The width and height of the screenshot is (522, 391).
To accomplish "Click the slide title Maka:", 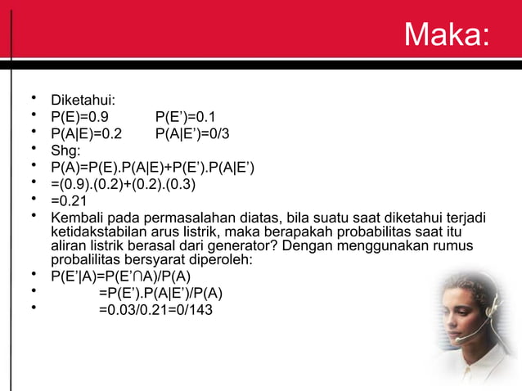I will coord(446,34).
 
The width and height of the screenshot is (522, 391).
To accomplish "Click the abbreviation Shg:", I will coord(65,151).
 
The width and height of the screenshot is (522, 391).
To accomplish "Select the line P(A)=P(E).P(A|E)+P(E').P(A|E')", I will coord(152,169).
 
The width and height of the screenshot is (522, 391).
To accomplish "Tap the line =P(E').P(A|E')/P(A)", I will coord(160,293).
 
